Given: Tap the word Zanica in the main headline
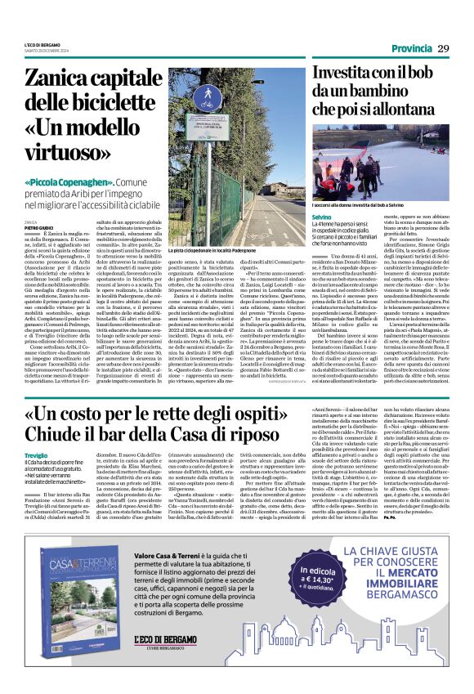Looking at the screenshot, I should coord(59,79).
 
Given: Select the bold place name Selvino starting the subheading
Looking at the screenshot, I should coord(297,217).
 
